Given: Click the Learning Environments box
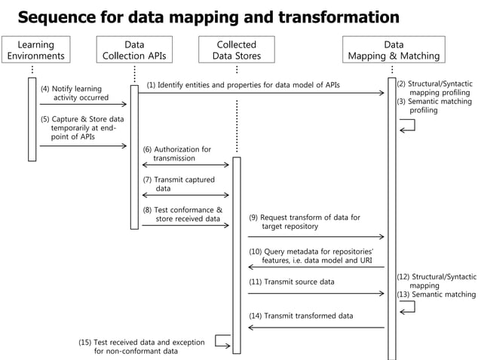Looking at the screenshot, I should pos(35,50).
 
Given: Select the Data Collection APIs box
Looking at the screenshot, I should pos(134,50).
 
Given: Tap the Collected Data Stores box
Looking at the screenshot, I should pos(236,50).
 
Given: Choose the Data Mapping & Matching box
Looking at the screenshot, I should pos(393,50).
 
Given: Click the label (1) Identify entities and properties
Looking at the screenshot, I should pos(243,85).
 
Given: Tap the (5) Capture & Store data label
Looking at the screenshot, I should pos(81,128).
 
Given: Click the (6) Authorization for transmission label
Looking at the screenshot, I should pos(177,154).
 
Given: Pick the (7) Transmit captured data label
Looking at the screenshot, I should pos(179,185).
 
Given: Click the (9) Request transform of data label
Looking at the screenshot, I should pos(305,221).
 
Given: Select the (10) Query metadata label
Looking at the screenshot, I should pos(311,255).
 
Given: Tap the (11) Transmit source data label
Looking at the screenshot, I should pos(291,282).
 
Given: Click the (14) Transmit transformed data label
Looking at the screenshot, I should pos(301,316).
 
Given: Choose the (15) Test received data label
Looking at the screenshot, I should pos(141,346).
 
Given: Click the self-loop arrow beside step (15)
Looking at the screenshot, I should pos(222,341).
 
